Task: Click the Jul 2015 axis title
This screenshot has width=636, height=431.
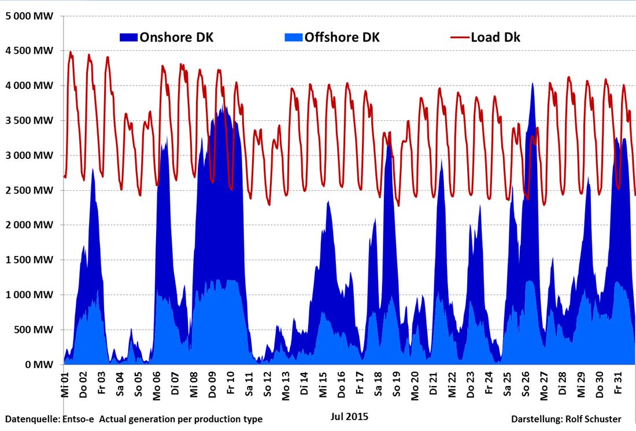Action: [x=349, y=416]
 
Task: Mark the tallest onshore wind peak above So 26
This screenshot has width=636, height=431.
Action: [x=533, y=84]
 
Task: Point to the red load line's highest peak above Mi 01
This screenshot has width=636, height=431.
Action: [x=71, y=52]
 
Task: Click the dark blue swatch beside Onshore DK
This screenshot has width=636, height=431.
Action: [x=128, y=38]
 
